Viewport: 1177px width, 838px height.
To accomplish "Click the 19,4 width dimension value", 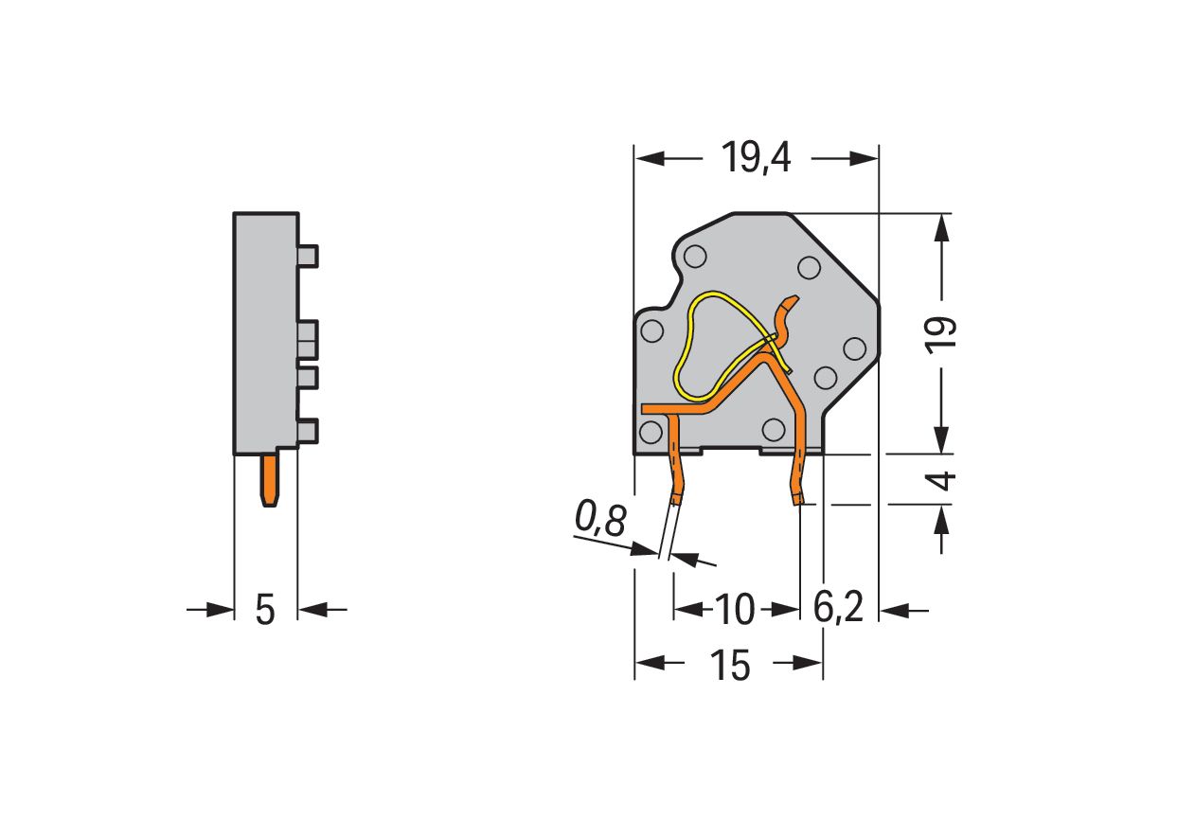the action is point(757,157).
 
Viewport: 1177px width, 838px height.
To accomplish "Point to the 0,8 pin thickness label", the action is point(600,518).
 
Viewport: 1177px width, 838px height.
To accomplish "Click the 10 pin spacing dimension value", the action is point(735,610).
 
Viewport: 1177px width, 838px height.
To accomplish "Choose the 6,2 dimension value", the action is point(838,608).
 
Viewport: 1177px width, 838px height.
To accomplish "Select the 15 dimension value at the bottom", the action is point(730,665).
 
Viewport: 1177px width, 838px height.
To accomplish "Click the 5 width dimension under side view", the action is point(265,610).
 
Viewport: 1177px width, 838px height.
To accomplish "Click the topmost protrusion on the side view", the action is point(308,257).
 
